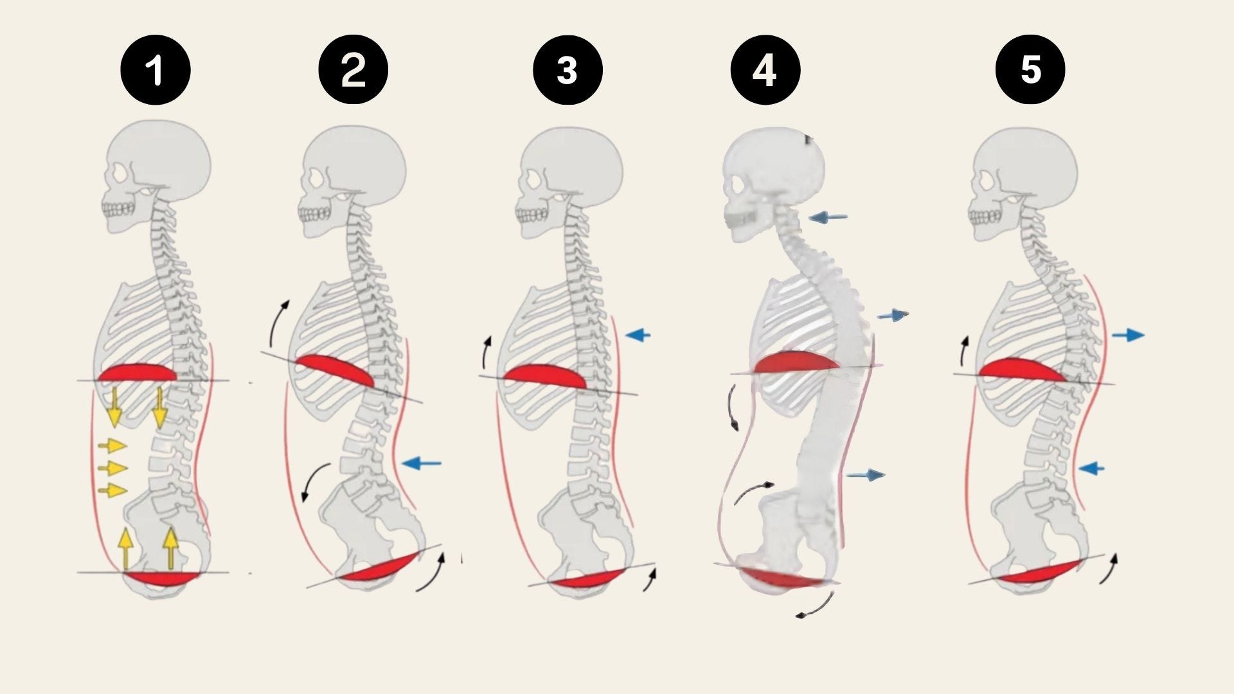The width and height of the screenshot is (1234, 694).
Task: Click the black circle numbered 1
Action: click(156, 70)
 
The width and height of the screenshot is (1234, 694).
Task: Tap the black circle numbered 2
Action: click(353, 70)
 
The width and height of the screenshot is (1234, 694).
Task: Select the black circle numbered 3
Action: click(567, 70)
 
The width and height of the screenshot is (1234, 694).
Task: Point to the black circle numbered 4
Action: click(765, 70)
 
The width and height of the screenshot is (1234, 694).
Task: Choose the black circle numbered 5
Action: click(1030, 70)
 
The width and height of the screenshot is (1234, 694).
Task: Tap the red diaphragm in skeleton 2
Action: click(334, 370)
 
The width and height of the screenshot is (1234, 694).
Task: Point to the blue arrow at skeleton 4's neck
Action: click(828, 218)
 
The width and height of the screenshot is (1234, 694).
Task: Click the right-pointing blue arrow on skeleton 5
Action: click(1128, 335)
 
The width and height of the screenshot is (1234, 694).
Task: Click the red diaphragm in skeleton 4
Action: click(796, 362)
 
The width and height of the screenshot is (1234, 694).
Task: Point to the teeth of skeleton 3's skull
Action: click(532, 214)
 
